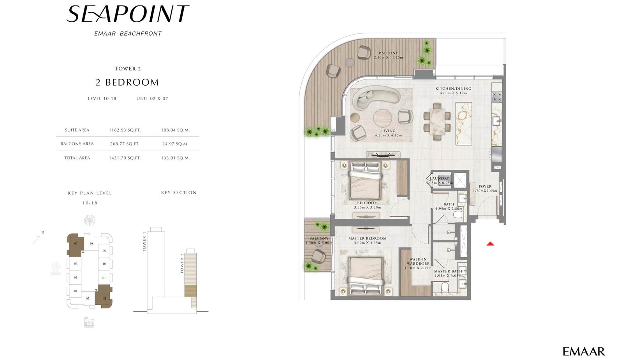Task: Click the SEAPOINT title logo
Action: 128,14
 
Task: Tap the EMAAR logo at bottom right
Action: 583,351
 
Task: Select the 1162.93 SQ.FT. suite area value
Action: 125,130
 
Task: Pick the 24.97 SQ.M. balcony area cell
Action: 175,144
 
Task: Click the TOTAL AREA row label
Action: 77,158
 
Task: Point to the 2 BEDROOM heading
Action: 127,83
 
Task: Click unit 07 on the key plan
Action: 75,244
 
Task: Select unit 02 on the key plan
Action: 104,298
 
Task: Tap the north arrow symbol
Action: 37,238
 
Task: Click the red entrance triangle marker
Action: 490,244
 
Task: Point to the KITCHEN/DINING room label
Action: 453,89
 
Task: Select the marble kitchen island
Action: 463,123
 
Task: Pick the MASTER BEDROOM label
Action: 367,239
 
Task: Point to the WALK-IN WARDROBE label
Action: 418,262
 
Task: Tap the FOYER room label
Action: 485,186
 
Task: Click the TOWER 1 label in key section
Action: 144,242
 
